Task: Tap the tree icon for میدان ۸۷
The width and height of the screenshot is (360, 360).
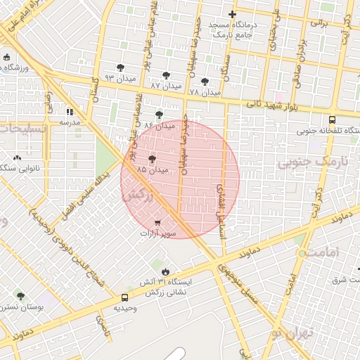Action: (x=166, y=75)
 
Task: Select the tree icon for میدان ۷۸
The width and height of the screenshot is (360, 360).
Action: (x=205, y=82)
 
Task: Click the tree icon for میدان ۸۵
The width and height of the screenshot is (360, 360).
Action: (x=152, y=160)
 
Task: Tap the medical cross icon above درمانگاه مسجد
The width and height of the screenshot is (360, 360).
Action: (x=233, y=15)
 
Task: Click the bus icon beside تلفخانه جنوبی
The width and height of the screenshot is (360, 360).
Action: (x=332, y=120)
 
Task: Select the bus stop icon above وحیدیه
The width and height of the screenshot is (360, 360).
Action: (x=124, y=297)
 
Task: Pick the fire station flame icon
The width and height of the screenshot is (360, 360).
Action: (x=165, y=270)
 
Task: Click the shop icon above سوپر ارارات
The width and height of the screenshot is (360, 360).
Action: (x=157, y=222)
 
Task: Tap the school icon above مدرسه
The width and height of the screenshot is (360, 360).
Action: (x=69, y=112)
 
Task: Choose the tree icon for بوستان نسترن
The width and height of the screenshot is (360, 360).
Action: (x=20, y=296)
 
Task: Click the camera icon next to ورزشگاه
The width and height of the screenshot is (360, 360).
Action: (x=6, y=57)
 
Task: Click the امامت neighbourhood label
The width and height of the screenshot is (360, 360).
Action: (x=323, y=251)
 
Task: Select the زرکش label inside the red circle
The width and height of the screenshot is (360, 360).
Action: (x=139, y=198)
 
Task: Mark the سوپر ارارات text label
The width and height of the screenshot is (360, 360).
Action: (x=158, y=233)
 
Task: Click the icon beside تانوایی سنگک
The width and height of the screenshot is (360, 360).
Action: (x=17, y=157)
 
